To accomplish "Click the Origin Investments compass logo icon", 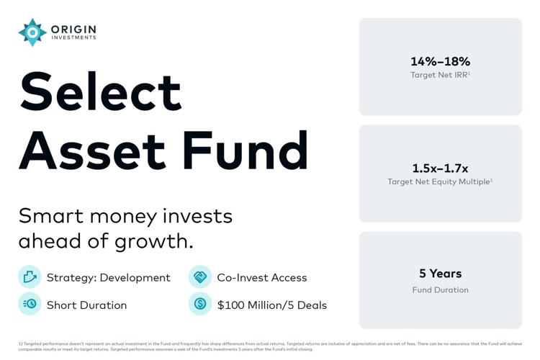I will pyautogui.click(x=32, y=32).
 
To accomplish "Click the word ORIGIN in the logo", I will pyautogui.click(x=73, y=29).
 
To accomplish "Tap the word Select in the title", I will pyautogui.click(x=100, y=91).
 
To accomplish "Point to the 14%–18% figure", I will pyautogui.click(x=440, y=61).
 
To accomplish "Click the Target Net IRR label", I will pyautogui.click(x=440, y=74).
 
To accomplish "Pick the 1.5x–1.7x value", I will pyautogui.click(x=440, y=168).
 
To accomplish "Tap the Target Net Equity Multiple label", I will pyautogui.click(x=440, y=181).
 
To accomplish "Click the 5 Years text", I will pyautogui.click(x=440, y=274).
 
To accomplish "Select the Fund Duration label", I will pyautogui.click(x=440, y=289).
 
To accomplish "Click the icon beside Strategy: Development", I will pyautogui.click(x=30, y=277).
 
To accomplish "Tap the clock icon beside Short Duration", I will pyautogui.click(x=30, y=304).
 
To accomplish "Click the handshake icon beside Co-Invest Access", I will pyautogui.click(x=200, y=277).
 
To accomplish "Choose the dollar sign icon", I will pyautogui.click(x=200, y=304).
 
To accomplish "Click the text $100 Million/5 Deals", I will pyautogui.click(x=271, y=305).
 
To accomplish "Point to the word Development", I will pyautogui.click(x=135, y=278).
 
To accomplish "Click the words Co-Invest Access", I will pyautogui.click(x=261, y=278).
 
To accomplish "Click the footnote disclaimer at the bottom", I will pyautogui.click(x=270, y=346).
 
